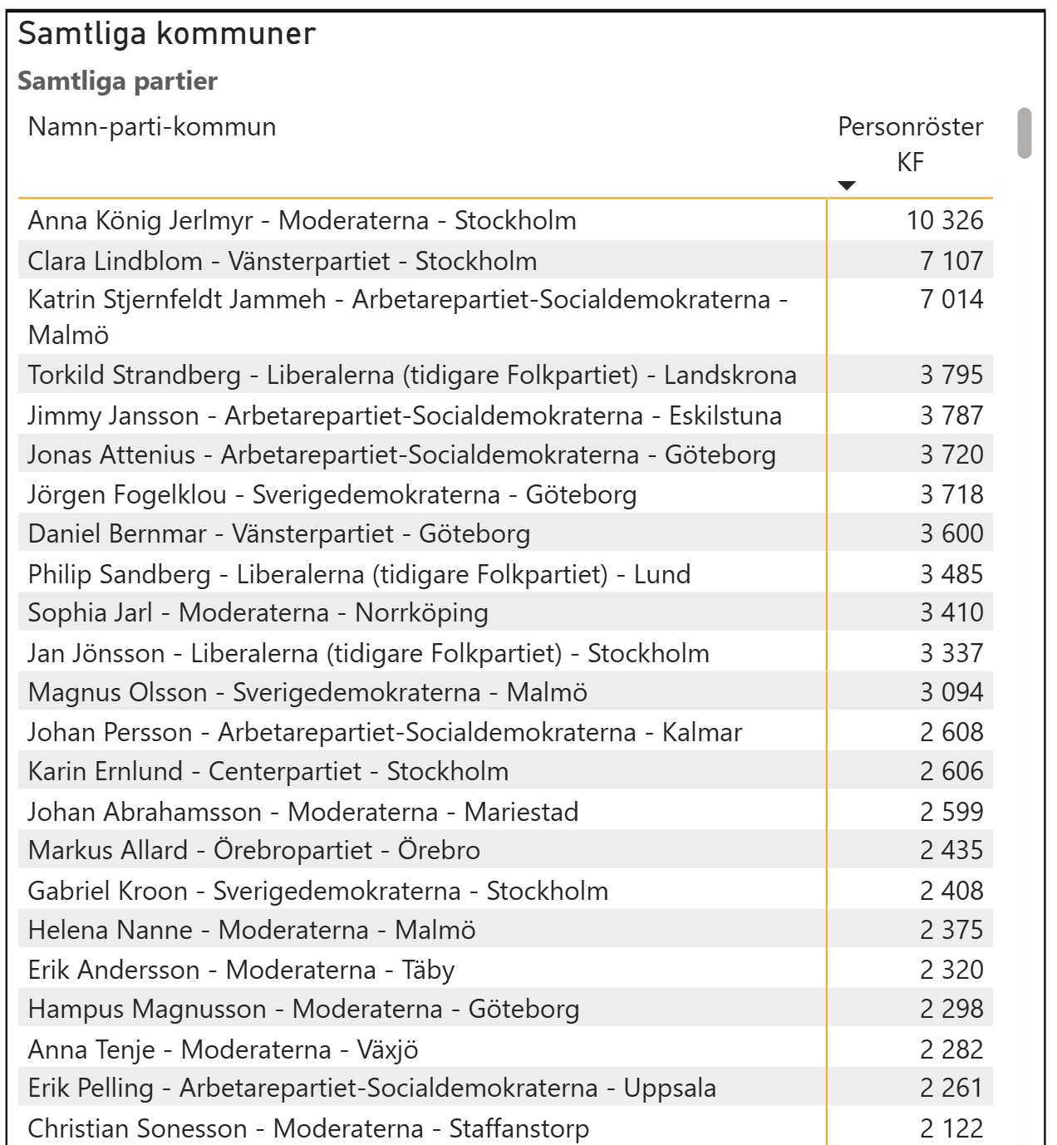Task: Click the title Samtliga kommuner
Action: [x=167, y=34]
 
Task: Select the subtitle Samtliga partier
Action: [x=117, y=81]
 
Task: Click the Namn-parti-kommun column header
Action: [x=152, y=127]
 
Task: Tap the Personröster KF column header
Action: [x=910, y=144]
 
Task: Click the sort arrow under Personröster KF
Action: [x=846, y=185]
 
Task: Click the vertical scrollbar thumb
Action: [x=1025, y=133]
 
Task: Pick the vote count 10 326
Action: [x=945, y=220]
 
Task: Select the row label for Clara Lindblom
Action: [x=283, y=261]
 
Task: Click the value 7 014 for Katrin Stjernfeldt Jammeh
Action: [x=951, y=299]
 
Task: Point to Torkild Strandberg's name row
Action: [x=412, y=375]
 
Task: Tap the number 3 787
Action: [x=951, y=415]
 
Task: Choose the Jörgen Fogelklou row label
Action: [x=332, y=494]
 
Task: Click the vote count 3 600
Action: [x=951, y=533]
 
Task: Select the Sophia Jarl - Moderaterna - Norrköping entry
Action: [x=258, y=612]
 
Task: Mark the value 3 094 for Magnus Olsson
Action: [x=951, y=692]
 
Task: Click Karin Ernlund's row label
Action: [x=268, y=771]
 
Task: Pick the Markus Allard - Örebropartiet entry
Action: [x=254, y=850]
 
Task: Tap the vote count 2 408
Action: [x=951, y=891]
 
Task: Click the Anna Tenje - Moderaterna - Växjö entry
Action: [x=223, y=1049]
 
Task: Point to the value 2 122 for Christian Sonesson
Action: [x=951, y=1128]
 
